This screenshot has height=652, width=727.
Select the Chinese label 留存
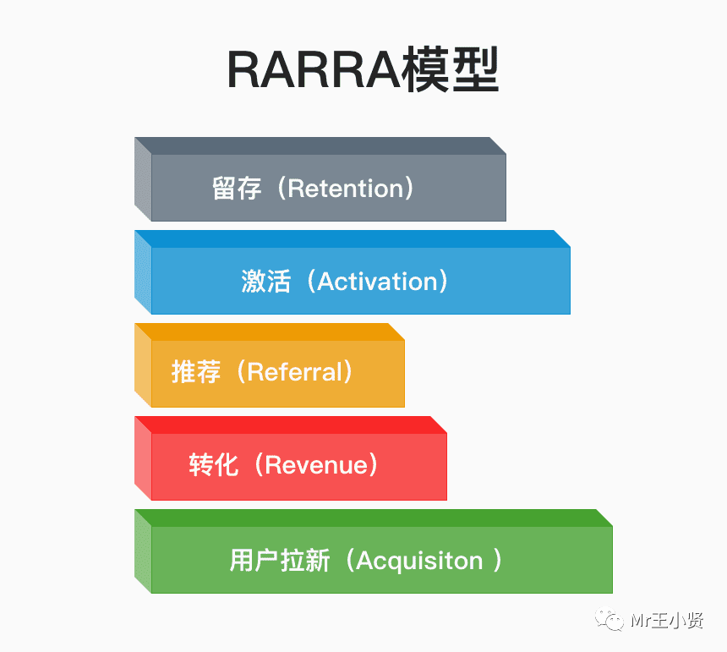coord(236,188)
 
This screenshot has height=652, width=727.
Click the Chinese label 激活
coord(265,281)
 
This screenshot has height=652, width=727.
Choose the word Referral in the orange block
coord(295,372)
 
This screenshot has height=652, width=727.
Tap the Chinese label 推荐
coord(196,372)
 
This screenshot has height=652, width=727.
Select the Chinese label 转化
coord(214,465)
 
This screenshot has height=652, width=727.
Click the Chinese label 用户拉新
coord(279,560)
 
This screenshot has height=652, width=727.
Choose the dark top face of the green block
coord(373,518)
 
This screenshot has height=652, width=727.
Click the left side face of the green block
coord(143,551)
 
